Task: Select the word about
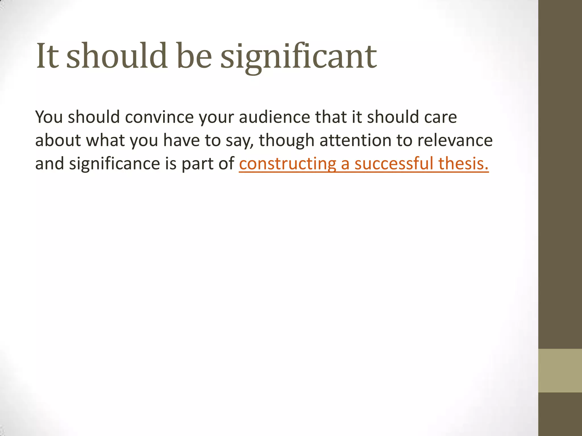pos(58,140)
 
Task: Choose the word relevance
pos(455,140)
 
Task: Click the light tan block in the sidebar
pos(560,370)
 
